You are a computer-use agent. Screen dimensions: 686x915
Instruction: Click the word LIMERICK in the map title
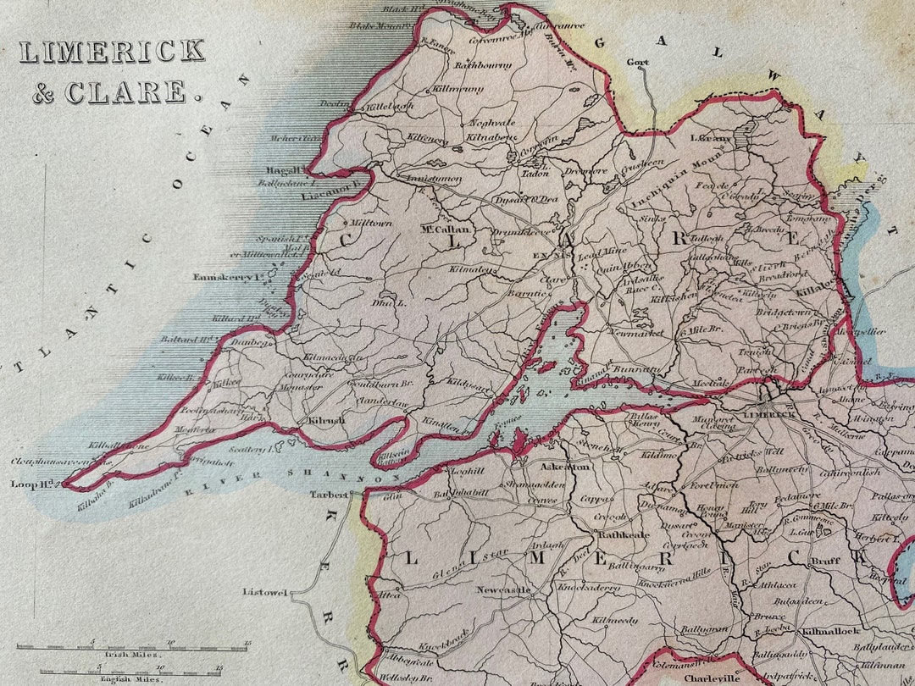112,52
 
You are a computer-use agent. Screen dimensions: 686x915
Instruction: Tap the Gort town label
637,62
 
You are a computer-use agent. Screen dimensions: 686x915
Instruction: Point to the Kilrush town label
325,420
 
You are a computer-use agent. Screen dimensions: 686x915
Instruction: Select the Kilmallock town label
830,631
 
